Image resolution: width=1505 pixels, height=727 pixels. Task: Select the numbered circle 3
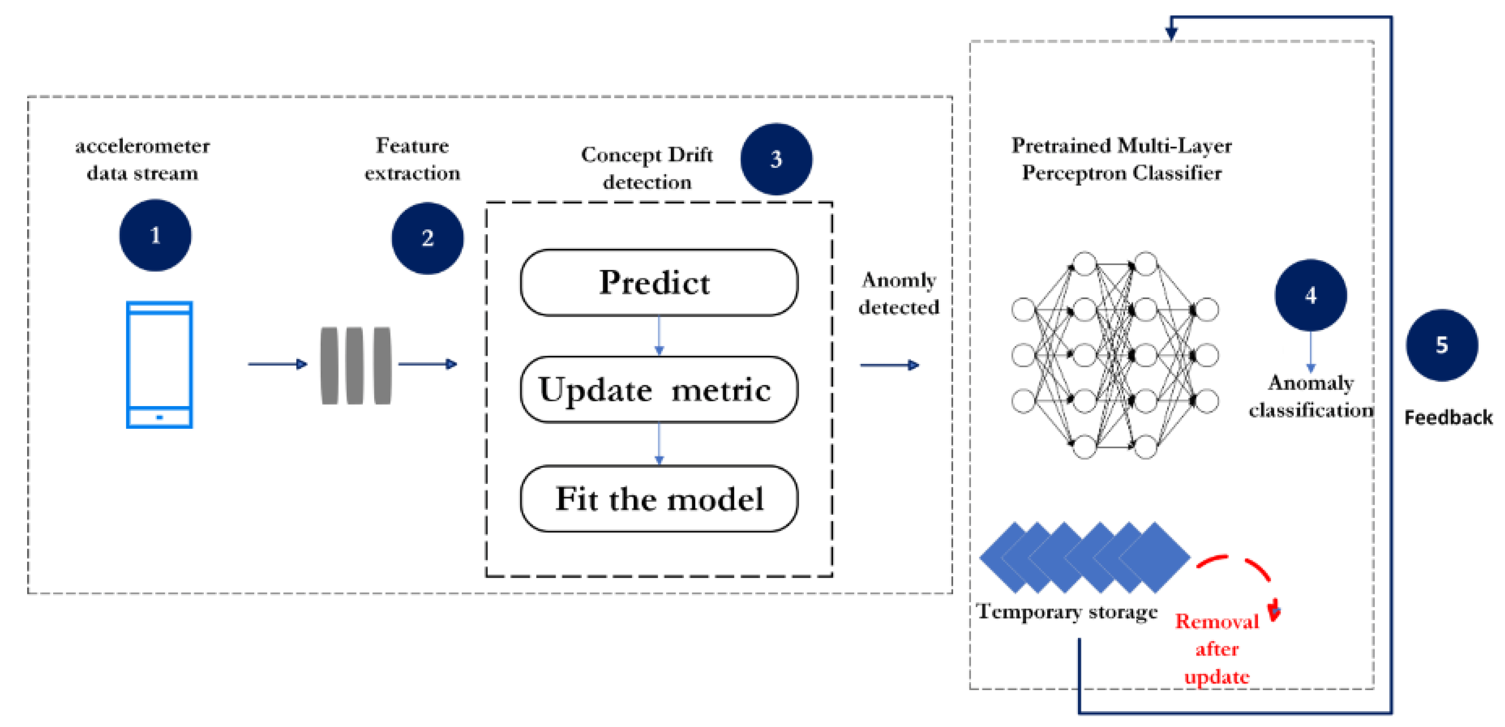point(776,159)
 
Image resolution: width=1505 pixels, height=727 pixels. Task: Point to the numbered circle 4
point(1310,295)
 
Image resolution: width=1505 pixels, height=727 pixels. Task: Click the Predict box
point(658,283)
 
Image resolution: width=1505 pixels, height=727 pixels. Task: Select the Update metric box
point(658,390)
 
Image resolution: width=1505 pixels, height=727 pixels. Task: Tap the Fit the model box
point(658,498)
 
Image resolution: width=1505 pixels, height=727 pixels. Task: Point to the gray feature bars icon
point(356,365)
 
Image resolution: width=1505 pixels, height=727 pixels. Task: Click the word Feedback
point(1448,417)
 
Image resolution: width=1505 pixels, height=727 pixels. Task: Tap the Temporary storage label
point(1067,612)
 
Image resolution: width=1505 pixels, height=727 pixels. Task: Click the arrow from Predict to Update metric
point(659,336)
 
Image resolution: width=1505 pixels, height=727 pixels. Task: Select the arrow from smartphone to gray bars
point(278,364)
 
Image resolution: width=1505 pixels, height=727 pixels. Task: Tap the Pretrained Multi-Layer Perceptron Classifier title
point(1121,159)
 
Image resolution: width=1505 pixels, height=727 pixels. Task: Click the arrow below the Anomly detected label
point(889,365)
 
